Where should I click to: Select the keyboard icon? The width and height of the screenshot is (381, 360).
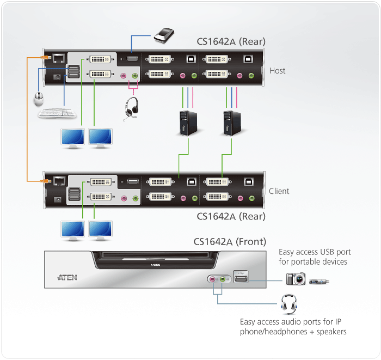tap(57, 113)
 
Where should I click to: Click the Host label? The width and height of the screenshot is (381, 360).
tap(277, 71)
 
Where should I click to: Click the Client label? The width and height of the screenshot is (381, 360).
tap(279, 191)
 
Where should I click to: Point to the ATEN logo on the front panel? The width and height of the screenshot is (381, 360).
tap(67, 277)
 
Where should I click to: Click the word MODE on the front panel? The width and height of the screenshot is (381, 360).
tap(155, 265)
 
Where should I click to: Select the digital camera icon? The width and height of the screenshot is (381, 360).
tap(296, 279)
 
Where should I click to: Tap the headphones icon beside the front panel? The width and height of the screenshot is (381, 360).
tap(287, 303)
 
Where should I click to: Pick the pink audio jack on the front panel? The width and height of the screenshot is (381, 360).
tap(212, 279)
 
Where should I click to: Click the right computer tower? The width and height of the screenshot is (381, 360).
tap(231, 123)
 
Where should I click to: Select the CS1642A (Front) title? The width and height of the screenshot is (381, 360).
tap(230, 241)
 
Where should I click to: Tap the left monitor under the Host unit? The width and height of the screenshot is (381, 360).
tap(71, 138)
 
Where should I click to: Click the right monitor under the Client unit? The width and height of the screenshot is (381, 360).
tap(100, 230)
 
